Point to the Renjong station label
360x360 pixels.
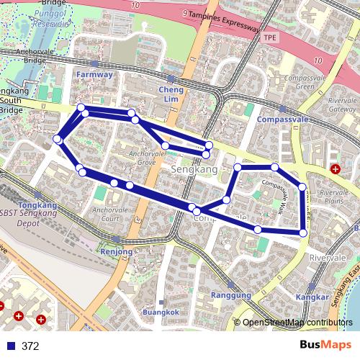117,252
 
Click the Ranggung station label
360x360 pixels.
231,295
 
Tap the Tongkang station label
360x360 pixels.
33,204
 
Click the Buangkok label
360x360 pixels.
159,312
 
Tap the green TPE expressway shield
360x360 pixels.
270,37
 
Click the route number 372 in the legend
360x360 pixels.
31,346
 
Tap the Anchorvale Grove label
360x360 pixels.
142,159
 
